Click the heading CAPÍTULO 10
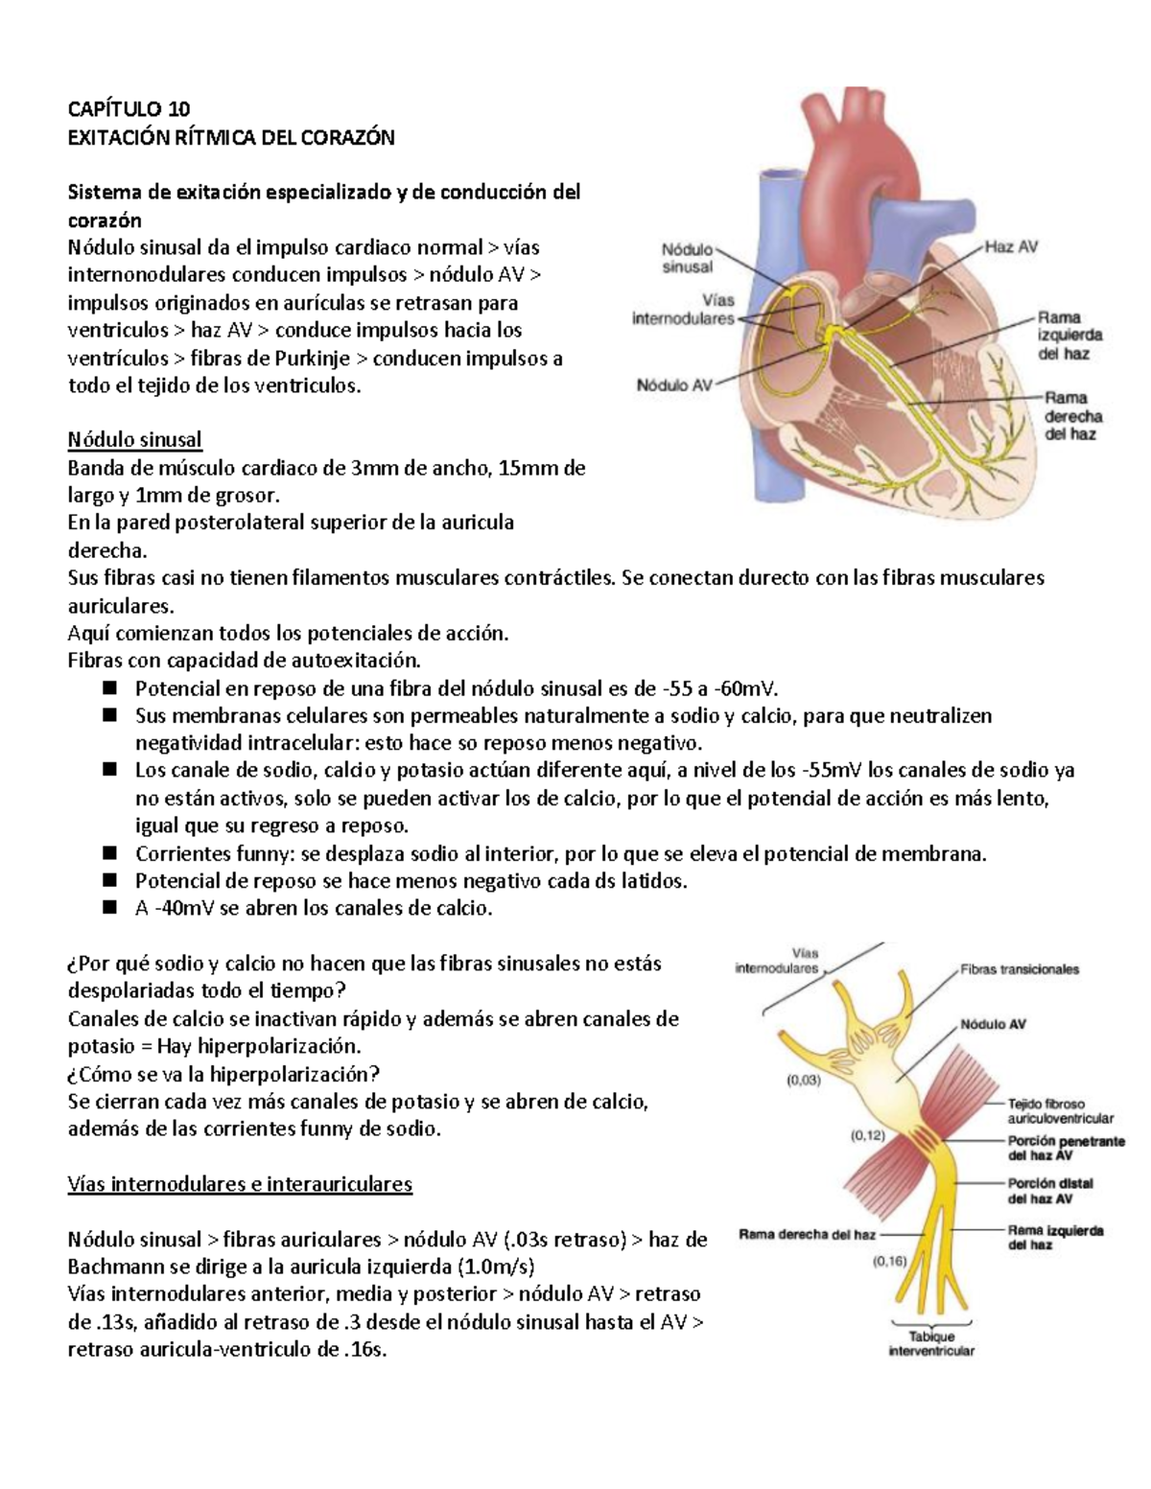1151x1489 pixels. click(129, 109)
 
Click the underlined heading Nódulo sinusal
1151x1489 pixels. click(134, 440)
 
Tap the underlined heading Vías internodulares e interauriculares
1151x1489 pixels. click(240, 1184)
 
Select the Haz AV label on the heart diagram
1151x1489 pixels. click(1011, 246)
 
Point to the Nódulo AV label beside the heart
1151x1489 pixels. click(675, 385)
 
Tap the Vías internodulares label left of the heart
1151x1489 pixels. click(683, 309)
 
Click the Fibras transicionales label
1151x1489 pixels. click(1020, 969)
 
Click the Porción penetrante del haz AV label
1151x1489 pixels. click(1066, 1148)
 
